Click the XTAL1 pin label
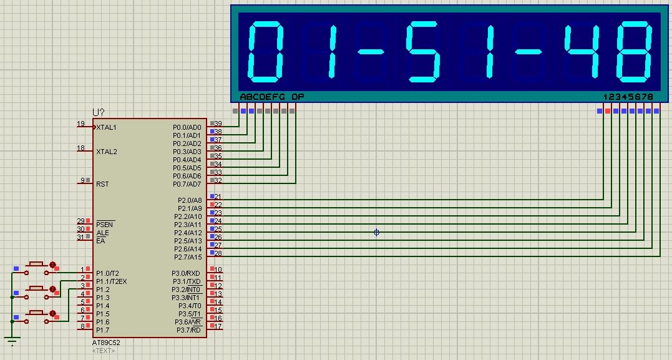pos(106,127)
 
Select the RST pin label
pos(102,184)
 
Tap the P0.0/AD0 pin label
pos(187,127)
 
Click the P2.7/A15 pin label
pos(188,257)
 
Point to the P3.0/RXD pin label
pos(186,273)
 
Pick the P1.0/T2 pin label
pos(107,273)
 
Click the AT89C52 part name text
pos(106,343)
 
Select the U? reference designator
pos(99,113)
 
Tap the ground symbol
pos(12,341)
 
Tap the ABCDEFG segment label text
pos(262,97)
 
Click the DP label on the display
pos(298,97)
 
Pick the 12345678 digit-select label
pos(628,97)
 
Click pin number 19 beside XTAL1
pos(80,124)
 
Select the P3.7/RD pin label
pos(188,330)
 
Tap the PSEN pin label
pos(105,224)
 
